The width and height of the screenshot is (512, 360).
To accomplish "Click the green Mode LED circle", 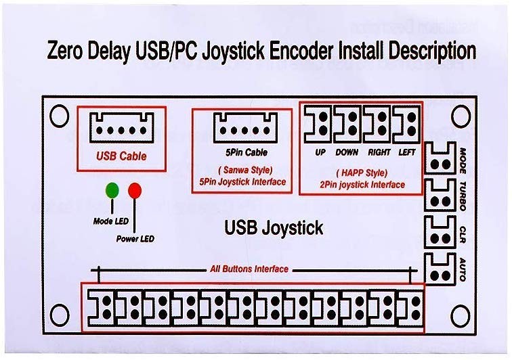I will [x=111, y=189].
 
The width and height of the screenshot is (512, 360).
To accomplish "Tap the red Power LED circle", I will [x=134, y=190].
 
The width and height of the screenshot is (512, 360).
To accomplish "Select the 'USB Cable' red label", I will [x=121, y=156].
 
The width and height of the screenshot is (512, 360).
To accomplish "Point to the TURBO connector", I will [x=441, y=196].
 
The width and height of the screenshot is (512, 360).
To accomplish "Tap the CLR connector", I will [x=441, y=232].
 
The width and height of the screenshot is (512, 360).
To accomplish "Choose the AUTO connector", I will [x=441, y=269].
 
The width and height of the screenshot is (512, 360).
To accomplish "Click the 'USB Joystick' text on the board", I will [x=274, y=228].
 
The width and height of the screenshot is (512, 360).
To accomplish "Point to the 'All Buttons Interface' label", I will [x=249, y=269].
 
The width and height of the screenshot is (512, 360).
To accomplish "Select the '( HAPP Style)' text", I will [x=361, y=173].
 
